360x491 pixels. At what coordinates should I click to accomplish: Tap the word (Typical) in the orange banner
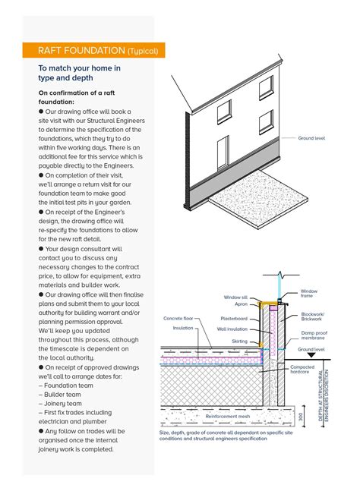[x=143, y=52]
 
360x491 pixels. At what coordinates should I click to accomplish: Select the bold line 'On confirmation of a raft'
[x=71, y=93]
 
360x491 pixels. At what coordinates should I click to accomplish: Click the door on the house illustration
[x=223, y=153]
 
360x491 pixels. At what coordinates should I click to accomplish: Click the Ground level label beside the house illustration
[x=311, y=139]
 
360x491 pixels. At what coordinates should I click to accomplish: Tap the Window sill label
[x=236, y=297]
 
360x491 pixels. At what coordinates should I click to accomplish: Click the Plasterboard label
[x=234, y=319]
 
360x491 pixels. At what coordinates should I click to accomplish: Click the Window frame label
[x=309, y=294]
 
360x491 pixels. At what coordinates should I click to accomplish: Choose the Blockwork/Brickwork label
[x=312, y=316]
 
